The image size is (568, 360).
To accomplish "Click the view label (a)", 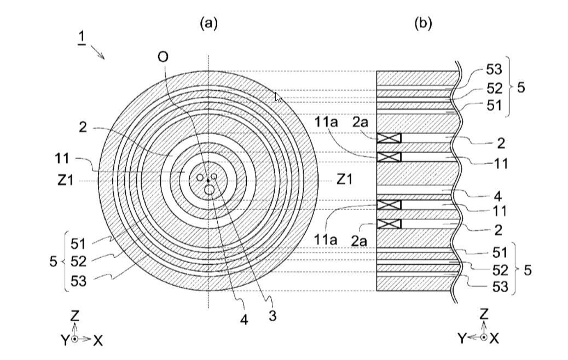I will pos(208,22).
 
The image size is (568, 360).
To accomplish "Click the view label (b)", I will pos(423,22).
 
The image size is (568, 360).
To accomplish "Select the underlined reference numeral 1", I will pos(82,38).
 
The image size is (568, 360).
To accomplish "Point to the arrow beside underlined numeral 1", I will pos(98,52).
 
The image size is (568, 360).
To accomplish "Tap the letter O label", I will pos(163,57).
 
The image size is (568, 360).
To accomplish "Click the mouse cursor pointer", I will pos(278,98).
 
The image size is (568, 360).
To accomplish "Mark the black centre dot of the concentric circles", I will pos(208,180).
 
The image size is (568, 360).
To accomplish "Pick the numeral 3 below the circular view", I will pos(272,316).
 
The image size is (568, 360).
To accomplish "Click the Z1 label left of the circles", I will pos(66,179).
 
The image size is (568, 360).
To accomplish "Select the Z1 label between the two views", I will pos(344,179).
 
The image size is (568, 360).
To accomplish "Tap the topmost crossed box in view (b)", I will pos(389,138).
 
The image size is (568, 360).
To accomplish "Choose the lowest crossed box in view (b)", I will pos(389,224).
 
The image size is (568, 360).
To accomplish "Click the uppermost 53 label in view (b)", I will pos(494,69).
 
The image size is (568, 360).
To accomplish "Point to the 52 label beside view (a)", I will pos(78,261).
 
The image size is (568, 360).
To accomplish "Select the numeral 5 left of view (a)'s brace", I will pos(53,261).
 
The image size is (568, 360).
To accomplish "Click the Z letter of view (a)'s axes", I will pos(75,315).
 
